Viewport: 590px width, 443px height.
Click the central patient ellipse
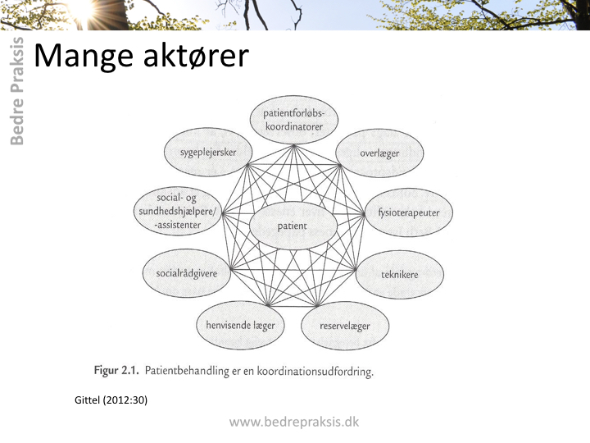pyautogui.click(x=293, y=226)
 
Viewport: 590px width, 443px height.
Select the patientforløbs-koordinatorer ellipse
pyautogui.click(x=294, y=120)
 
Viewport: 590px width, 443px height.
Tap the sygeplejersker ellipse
pyautogui.click(x=208, y=152)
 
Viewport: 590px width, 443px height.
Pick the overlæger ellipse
pyautogui.click(x=379, y=153)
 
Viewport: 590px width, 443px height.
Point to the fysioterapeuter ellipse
pyautogui.click(x=409, y=212)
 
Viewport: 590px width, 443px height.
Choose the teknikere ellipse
pyautogui.click(x=400, y=275)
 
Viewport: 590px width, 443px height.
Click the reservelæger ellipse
pyautogui.click(x=345, y=326)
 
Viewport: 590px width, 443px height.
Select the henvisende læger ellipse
pyautogui.click(x=240, y=325)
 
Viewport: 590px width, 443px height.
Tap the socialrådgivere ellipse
pyautogui.click(x=187, y=273)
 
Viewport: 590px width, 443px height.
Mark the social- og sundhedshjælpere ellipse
pyautogui.click(x=178, y=212)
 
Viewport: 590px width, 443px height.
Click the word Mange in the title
pyautogui.click(x=84, y=56)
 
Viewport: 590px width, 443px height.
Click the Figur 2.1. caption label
pyautogui.click(x=116, y=370)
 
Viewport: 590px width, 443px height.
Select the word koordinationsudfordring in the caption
pyautogui.click(x=315, y=372)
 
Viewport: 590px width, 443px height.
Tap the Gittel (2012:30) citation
pyautogui.click(x=111, y=400)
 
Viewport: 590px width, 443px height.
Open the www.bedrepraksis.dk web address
pyautogui.click(x=294, y=422)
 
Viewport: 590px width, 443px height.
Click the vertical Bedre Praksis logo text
pyautogui.click(x=17, y=91)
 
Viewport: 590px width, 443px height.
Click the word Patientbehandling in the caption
pyautogui.click(x=187, y=371)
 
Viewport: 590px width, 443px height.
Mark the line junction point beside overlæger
pyautogui.click(x=339, y=165)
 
